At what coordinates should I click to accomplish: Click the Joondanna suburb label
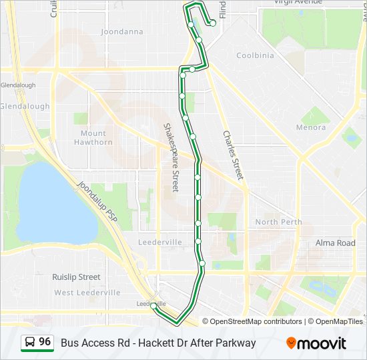click(x=121, y=31)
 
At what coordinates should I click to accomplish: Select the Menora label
click(x=311, y=127)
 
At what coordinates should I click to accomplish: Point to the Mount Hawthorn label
click(x=93, y=137)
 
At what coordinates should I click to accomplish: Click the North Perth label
click(x=278, y=222)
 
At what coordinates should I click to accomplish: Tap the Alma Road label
click(x=335, y=243)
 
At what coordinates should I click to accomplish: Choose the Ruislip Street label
click(x=76, y=277)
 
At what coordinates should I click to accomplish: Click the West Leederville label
click(x=87, y=293)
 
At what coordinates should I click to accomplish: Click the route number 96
click(x=45, y=342)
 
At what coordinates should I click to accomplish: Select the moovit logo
click(x=316, y=343)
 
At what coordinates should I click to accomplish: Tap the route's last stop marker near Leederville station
click(x=154, y=306)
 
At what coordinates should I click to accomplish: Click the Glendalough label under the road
click(x=25, y=106)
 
